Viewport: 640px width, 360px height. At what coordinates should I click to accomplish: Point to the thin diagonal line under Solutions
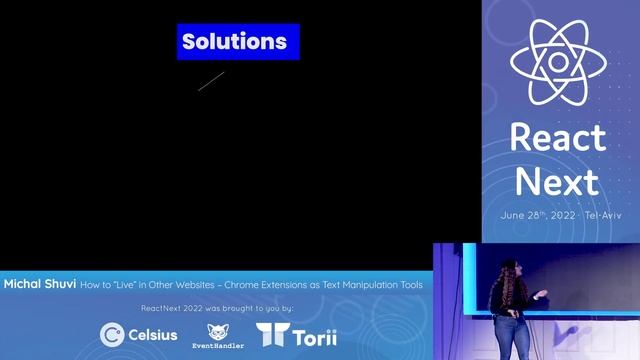point(211,81)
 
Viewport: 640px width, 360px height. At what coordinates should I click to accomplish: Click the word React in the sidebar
point(557,138)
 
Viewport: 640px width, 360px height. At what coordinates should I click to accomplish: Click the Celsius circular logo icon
point(112,334)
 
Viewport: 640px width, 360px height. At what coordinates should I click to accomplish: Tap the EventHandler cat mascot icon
point(218,331)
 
